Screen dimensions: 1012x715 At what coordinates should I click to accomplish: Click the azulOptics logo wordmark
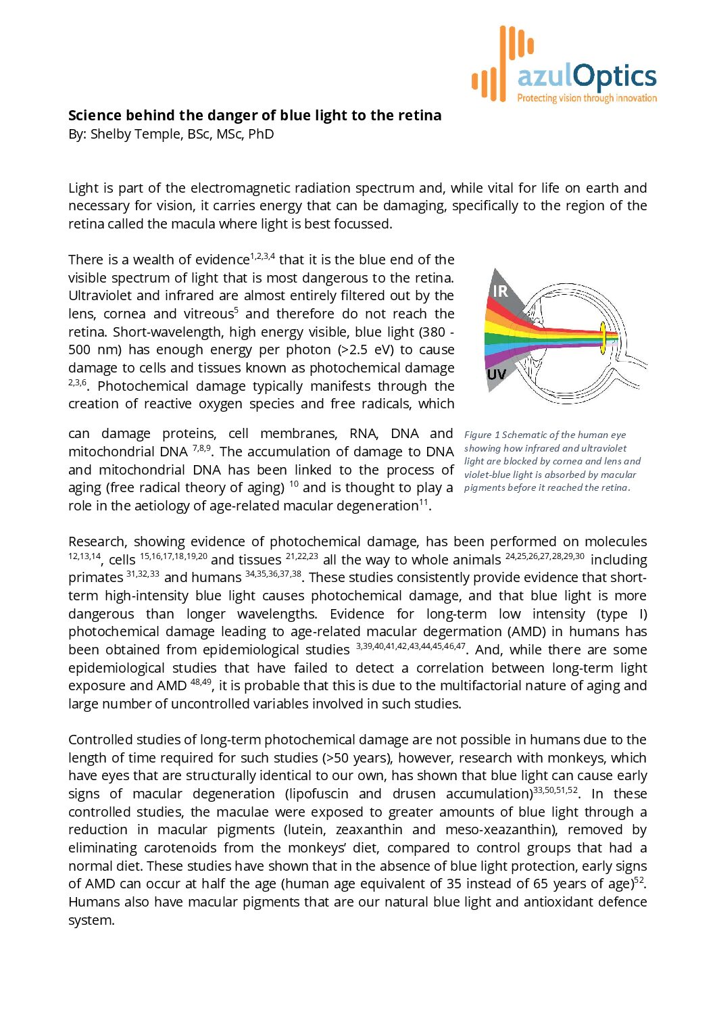[587, 76]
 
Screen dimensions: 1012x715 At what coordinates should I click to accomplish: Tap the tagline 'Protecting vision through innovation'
[587, 99]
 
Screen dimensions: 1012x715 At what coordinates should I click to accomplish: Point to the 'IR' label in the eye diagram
[500, 291]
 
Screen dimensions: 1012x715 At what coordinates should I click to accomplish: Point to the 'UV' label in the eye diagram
[497, 375]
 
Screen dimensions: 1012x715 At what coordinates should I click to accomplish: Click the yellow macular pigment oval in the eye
[602, 338]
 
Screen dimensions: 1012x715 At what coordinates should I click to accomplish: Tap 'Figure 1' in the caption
[482, 435]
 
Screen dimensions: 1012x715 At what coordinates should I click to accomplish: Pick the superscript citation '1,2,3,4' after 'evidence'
[263, 256]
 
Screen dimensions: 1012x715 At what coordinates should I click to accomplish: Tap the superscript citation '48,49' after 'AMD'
[201, 682]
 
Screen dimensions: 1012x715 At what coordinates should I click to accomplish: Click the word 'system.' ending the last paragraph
[91, 920]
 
